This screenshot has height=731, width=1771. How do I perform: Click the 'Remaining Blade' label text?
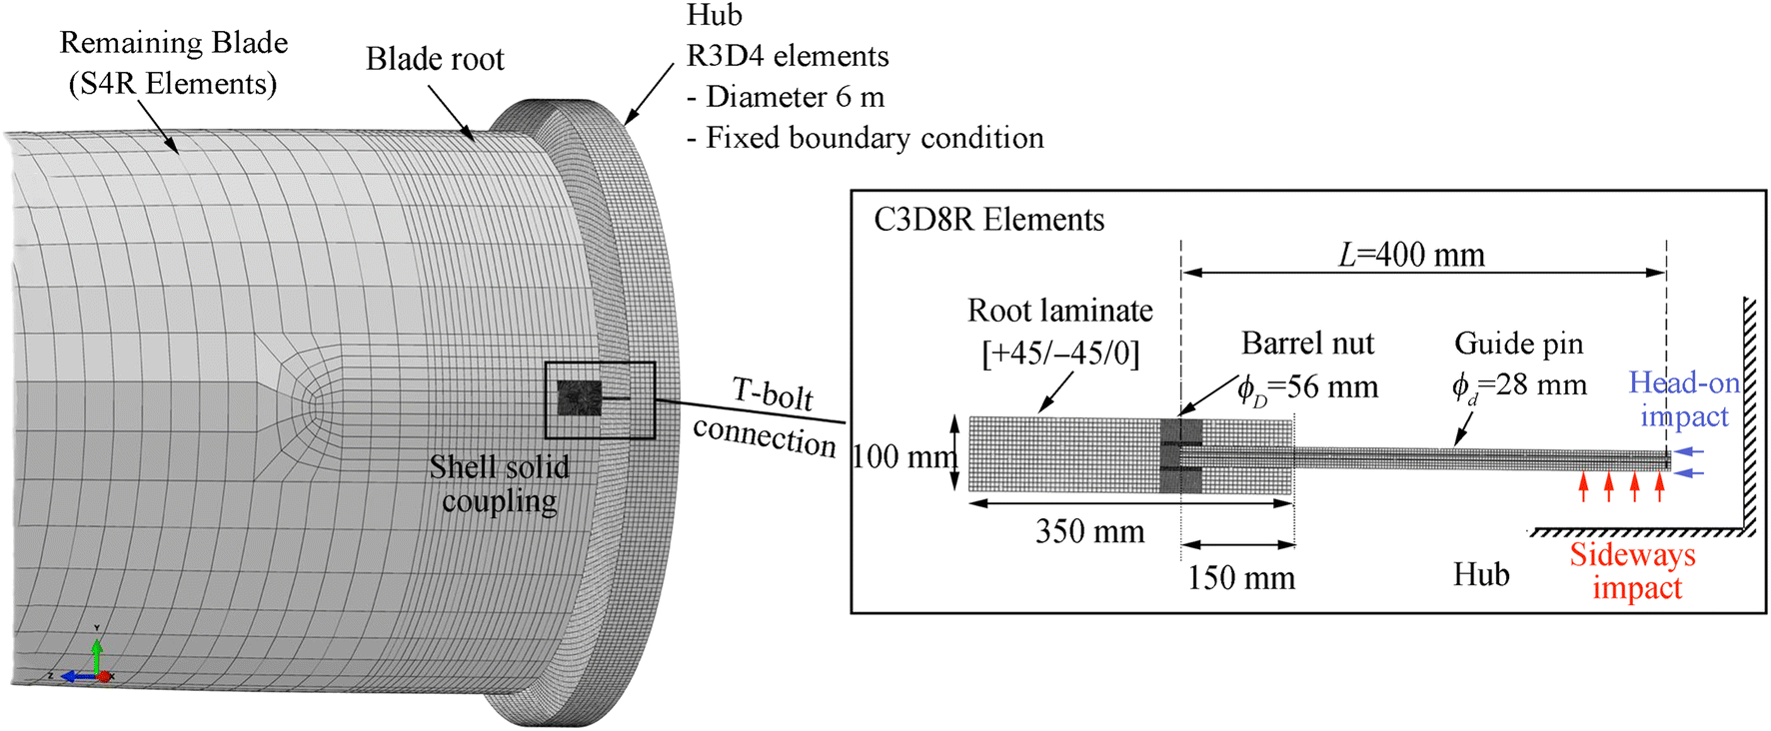(x=174, y=43)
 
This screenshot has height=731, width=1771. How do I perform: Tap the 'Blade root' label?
(x=435, y=60)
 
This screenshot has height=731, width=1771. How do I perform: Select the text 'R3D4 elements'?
(x=788, y=56)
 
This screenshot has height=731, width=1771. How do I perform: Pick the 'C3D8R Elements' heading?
(x=989, y=220)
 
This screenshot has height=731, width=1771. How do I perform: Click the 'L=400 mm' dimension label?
(x=1411, y=255)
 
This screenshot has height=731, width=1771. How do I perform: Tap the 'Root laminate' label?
(x=1059, y=311)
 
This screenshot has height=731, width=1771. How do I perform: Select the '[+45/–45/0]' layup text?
(x=1060, y=353)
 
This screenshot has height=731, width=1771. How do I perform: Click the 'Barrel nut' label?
(x=1307, y=344)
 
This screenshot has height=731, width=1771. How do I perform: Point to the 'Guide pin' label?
(x=1518, y=344)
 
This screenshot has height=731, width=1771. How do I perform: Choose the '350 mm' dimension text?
(x=1089, y=531)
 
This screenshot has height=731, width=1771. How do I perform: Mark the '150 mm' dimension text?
(x=1240, y=578)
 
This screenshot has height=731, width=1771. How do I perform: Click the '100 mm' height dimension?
(x=902, y=456)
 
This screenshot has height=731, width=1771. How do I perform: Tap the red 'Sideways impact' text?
(x=1633, y=571)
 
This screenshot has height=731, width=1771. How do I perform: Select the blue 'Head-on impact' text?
(x=1685, y=398)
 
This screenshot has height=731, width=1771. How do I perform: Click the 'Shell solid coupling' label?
(x=499, y=483)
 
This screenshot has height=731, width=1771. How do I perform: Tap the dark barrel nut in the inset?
(x=1180, y=455)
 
